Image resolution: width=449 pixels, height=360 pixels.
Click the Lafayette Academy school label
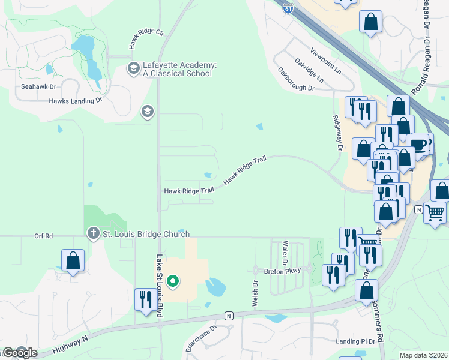[x=177, y=69]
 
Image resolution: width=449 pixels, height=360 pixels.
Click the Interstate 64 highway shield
[x=289, y=8]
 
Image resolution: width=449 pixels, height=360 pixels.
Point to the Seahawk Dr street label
[x=38, y=86]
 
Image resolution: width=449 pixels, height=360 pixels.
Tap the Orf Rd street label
[x=44, y=236]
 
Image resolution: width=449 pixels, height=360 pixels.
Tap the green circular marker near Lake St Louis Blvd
[x=173, y=280]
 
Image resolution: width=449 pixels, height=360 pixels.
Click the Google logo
[x=20, y=353]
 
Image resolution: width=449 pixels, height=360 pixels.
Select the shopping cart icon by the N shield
[x=435, y=212]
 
